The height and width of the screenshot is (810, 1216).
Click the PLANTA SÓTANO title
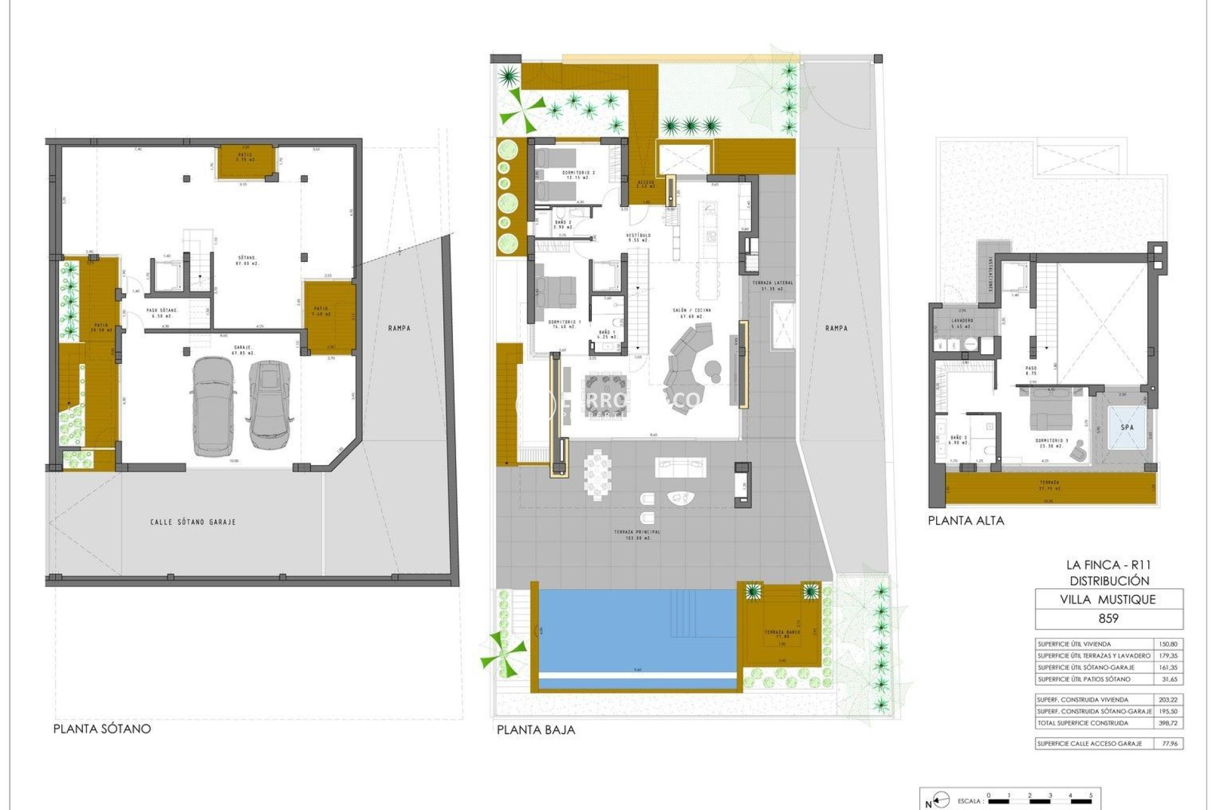102,728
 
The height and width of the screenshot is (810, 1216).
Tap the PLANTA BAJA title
536,730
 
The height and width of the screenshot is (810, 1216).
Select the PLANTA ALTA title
966,521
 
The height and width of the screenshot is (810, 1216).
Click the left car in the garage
212,406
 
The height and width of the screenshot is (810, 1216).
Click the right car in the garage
269,404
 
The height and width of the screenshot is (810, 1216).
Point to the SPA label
1127,427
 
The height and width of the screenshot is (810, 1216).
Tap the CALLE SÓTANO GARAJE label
193,522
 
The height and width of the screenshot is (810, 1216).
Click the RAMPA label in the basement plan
399,328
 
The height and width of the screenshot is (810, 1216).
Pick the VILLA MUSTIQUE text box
1108,599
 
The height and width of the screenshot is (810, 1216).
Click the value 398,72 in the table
1168,723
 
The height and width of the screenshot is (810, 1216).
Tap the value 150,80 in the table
1168,644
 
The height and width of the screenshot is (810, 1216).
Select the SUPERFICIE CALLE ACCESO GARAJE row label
1089,744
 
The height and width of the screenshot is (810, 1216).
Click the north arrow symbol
941,801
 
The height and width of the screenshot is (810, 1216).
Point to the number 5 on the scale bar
1091,795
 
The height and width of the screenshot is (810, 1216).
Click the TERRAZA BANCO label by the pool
782,633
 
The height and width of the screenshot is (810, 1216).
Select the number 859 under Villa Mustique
1108,618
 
